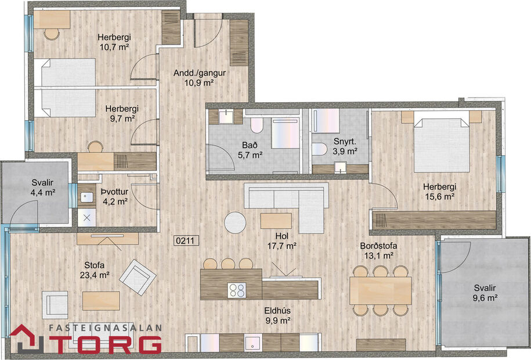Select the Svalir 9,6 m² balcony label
483,293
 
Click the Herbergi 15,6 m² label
439,192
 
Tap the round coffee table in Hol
236,221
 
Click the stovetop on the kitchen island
237,289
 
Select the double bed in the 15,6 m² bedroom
441,145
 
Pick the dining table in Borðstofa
380,290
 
